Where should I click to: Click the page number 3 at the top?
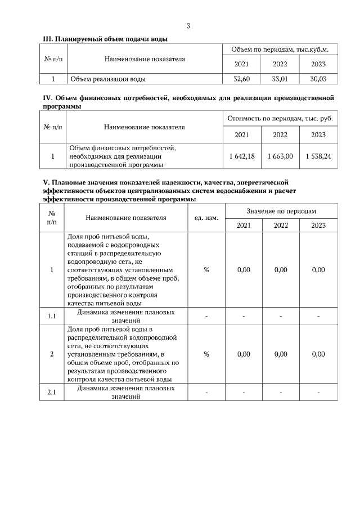188,26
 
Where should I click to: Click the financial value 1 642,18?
242,156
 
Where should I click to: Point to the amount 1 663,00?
280,156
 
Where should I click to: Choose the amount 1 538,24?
318,156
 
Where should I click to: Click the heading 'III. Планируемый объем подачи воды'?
105,39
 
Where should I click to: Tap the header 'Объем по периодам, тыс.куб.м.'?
280,50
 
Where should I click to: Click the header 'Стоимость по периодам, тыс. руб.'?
280,119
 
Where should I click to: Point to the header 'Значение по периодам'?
281,211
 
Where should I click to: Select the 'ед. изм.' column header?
206,218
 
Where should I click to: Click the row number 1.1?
52,316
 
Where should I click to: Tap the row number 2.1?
52,392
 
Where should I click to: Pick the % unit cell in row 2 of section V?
206,354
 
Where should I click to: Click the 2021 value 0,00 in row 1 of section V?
244,270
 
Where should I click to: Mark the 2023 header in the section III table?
318,64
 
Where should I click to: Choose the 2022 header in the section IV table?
280,134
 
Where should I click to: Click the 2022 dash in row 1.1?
280,316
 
